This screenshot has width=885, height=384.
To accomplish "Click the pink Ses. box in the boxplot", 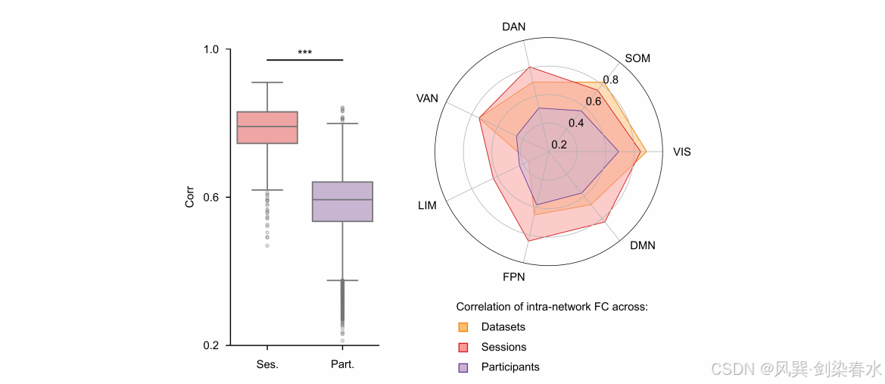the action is click(267, 128).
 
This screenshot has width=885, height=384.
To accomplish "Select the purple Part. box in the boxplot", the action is click(343, 201).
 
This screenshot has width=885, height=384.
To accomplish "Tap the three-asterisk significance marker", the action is click(305, 53).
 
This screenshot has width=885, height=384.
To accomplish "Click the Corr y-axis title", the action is click(189, 197).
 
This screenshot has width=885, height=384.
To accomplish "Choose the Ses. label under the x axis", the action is click(267, 364).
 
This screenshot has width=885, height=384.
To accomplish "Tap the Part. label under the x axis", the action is click(343, 364).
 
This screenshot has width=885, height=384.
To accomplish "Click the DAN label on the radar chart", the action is click(513, 27).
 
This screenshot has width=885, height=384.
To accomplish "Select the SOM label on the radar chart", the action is click(637, 58).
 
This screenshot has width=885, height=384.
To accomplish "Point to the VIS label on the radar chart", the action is click(681, 152).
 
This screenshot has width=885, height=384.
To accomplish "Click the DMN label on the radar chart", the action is click(642, 245).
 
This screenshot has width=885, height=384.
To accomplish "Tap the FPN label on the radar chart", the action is click(513, 277).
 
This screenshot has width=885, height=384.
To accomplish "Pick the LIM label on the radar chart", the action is click(427, 205).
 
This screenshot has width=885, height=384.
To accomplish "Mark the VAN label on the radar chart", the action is click(427, 98).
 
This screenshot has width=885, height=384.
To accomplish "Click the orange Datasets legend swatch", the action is click(463, 327).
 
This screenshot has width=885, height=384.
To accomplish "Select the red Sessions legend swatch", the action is click(463, 347).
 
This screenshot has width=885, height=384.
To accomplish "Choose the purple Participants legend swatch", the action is click(463, 367).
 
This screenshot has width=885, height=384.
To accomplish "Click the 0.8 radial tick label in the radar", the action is click(610, 80).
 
